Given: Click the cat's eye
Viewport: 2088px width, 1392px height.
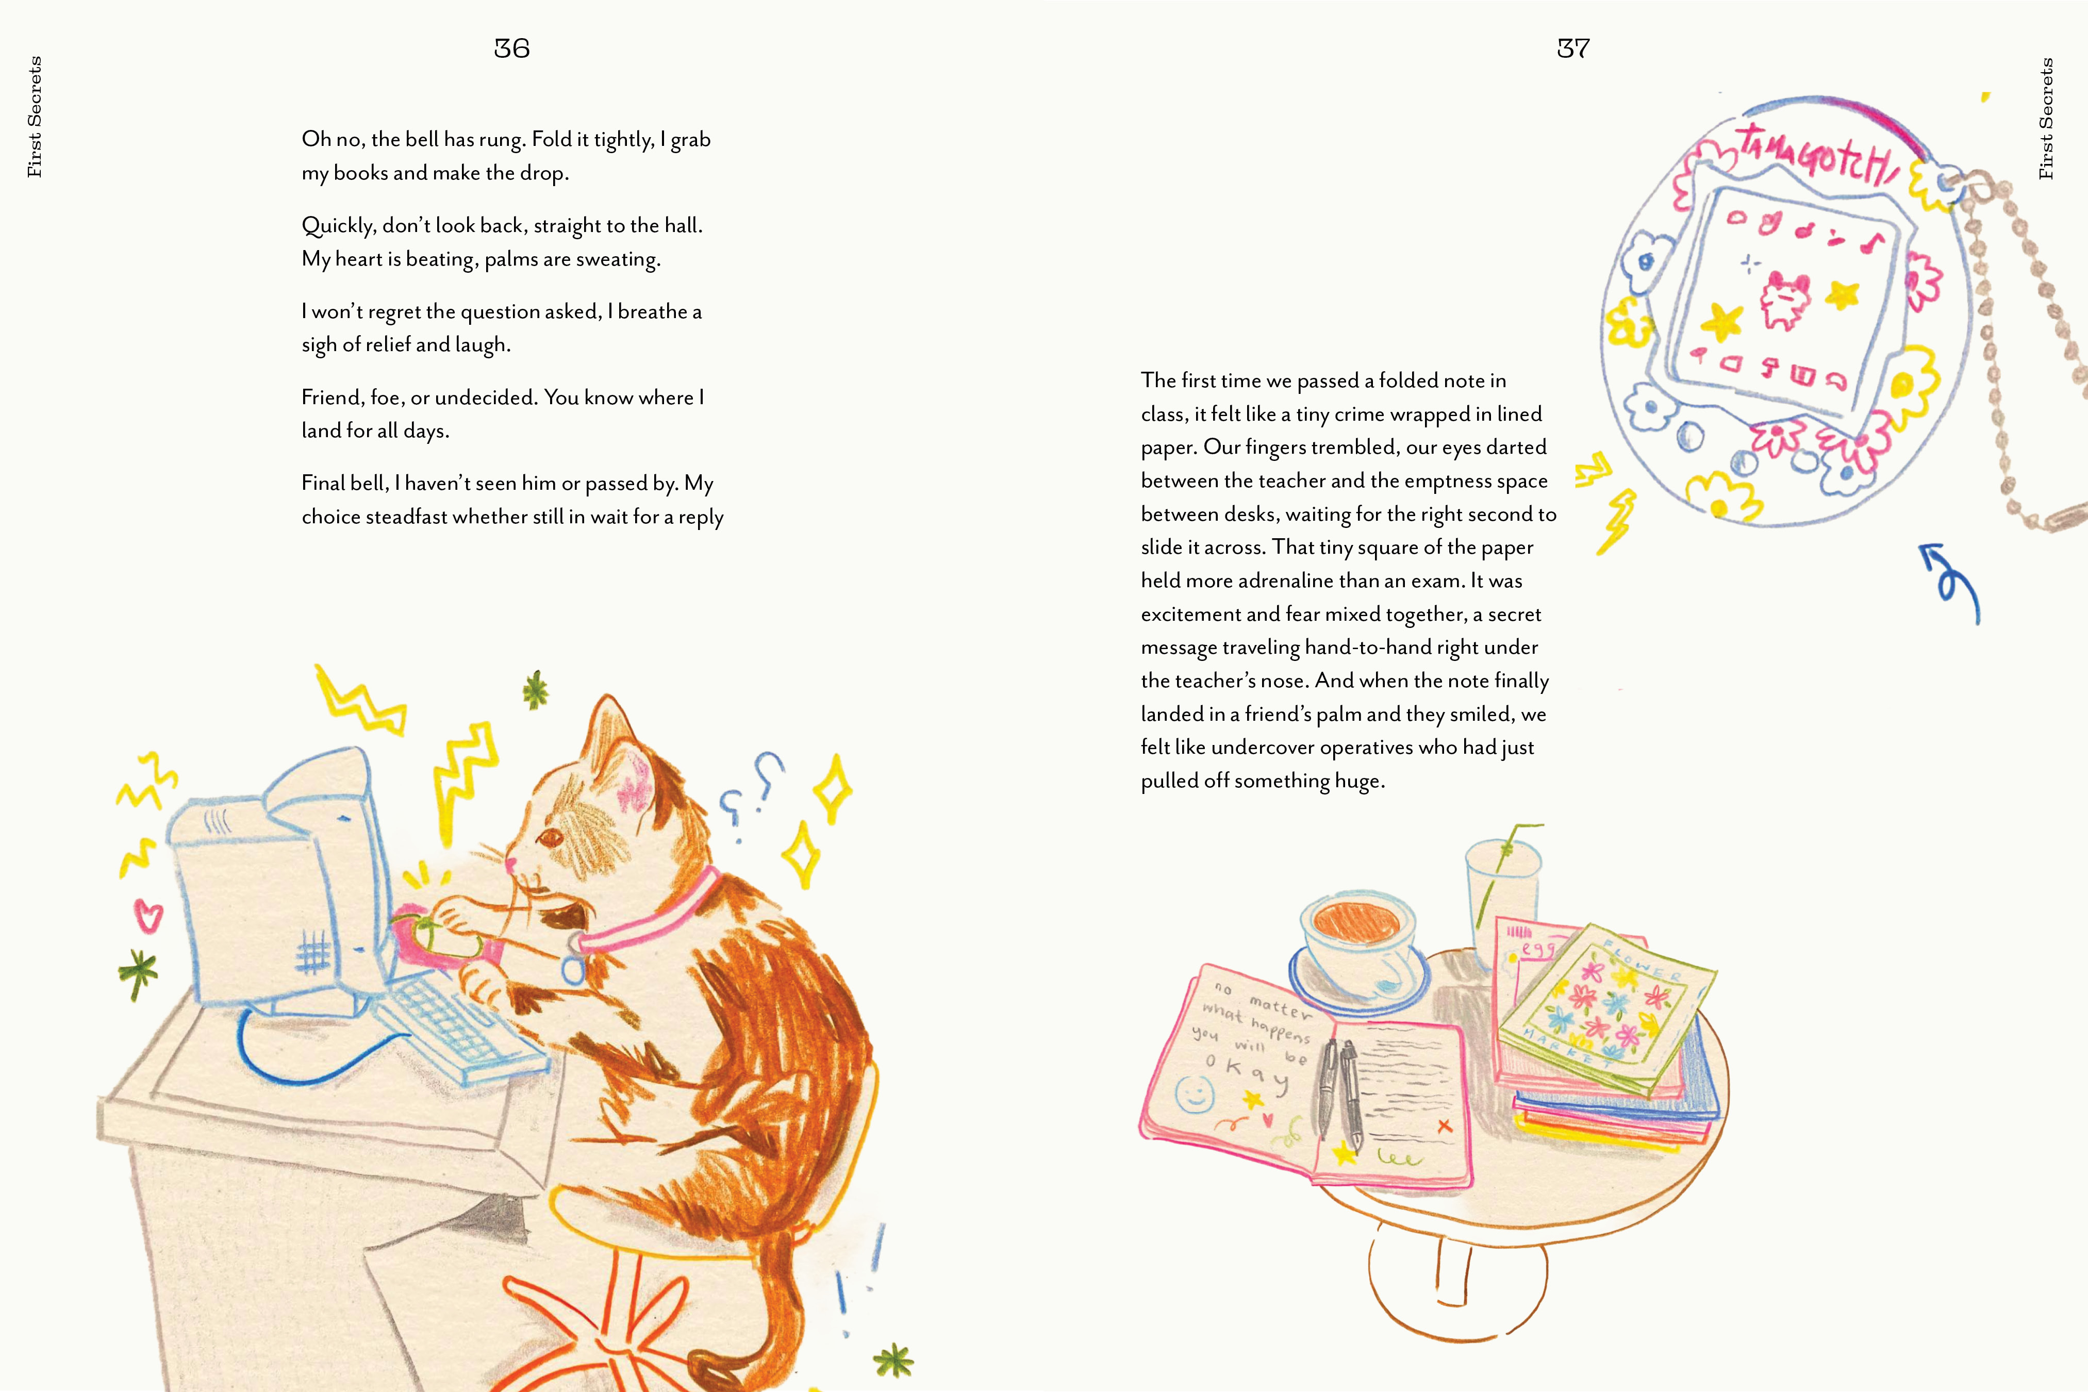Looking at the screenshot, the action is pyautogui.click(x=551, y=836).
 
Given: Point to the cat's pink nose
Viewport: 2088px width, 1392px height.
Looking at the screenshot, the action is pyautogui.click(x=510, y=861).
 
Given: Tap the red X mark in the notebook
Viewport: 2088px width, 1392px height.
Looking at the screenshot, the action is pyautogui.click(x=1445, y=1125).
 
